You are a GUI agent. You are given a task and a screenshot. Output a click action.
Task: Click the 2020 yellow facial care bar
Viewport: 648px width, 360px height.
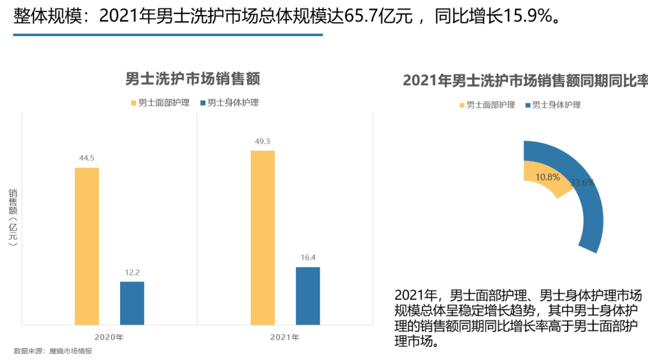86,246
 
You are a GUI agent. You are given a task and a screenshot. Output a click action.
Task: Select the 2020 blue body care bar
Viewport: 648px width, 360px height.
132,303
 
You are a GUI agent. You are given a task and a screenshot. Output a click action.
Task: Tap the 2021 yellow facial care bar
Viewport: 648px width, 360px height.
262,238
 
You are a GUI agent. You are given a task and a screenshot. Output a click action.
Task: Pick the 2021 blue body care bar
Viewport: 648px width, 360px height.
308,296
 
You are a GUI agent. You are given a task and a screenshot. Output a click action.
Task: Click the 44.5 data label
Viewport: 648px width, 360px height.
86,158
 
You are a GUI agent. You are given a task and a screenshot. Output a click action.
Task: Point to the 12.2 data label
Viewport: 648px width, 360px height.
132,272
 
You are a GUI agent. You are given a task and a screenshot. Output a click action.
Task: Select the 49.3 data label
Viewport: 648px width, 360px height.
262,142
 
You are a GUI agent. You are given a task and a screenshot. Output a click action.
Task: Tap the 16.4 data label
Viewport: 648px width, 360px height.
308,258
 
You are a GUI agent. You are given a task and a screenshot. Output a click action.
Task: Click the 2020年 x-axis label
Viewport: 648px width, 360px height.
109,337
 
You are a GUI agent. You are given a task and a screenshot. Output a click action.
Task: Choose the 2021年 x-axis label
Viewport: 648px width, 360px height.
285,337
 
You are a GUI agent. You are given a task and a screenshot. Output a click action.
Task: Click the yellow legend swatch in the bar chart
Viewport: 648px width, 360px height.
134,103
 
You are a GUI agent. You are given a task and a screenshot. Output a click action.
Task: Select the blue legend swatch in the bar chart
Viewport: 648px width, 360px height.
203,103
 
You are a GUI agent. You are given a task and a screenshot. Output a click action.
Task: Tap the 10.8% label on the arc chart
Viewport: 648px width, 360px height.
547,177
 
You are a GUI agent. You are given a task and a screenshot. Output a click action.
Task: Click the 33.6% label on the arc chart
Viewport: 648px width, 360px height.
582,182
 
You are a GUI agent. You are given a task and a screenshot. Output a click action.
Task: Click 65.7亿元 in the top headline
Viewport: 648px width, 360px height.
379,17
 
